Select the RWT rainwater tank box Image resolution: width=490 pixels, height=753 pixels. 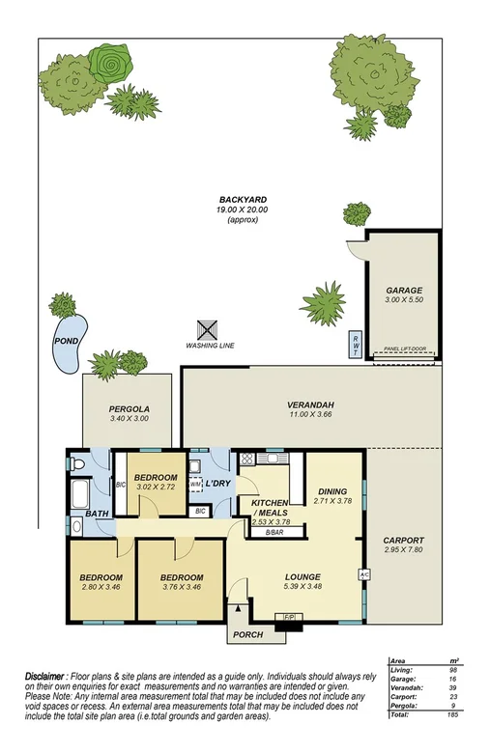click(x=356, y=343)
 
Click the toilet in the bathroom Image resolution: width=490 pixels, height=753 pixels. click(x=79, y=463)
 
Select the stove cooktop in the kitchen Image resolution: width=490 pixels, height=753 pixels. click(x=246, y=460)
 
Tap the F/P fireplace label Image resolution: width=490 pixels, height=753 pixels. click(x=287, y=617)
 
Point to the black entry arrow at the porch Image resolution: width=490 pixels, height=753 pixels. click(x=234, y=608)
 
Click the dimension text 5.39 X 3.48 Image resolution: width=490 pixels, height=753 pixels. click(x=302, y=587)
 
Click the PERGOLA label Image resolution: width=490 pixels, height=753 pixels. click(x=128, y=409)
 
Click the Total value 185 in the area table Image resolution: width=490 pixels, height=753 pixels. click(x=452, y=714)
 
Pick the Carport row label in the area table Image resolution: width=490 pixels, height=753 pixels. click(x=403, y=696)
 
